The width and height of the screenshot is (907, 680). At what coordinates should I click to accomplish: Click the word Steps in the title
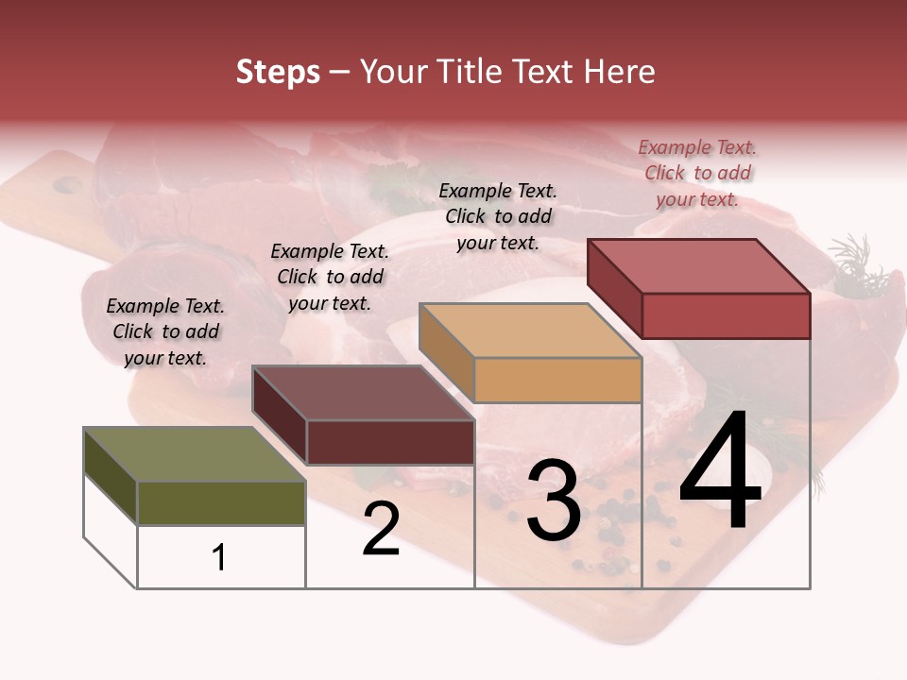278,72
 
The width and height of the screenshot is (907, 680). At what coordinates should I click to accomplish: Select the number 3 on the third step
553,501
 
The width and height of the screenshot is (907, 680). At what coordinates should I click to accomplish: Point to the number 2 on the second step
381,529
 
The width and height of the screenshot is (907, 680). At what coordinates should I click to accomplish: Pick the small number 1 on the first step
219,557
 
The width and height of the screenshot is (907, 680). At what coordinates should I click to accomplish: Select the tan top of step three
530,331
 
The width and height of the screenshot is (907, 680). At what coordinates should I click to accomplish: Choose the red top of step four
698,266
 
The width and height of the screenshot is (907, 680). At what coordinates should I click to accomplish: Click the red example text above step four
697,173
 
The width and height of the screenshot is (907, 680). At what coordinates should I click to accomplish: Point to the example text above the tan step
498,216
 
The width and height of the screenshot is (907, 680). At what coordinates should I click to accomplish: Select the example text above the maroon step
330,277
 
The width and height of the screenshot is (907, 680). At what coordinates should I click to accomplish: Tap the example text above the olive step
165,331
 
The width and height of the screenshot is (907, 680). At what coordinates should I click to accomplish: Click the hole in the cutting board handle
67,184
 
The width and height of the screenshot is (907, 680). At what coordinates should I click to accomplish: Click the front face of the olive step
221,502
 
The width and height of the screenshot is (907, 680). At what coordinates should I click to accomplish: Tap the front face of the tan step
557,380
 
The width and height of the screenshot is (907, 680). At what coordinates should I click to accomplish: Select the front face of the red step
726,315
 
